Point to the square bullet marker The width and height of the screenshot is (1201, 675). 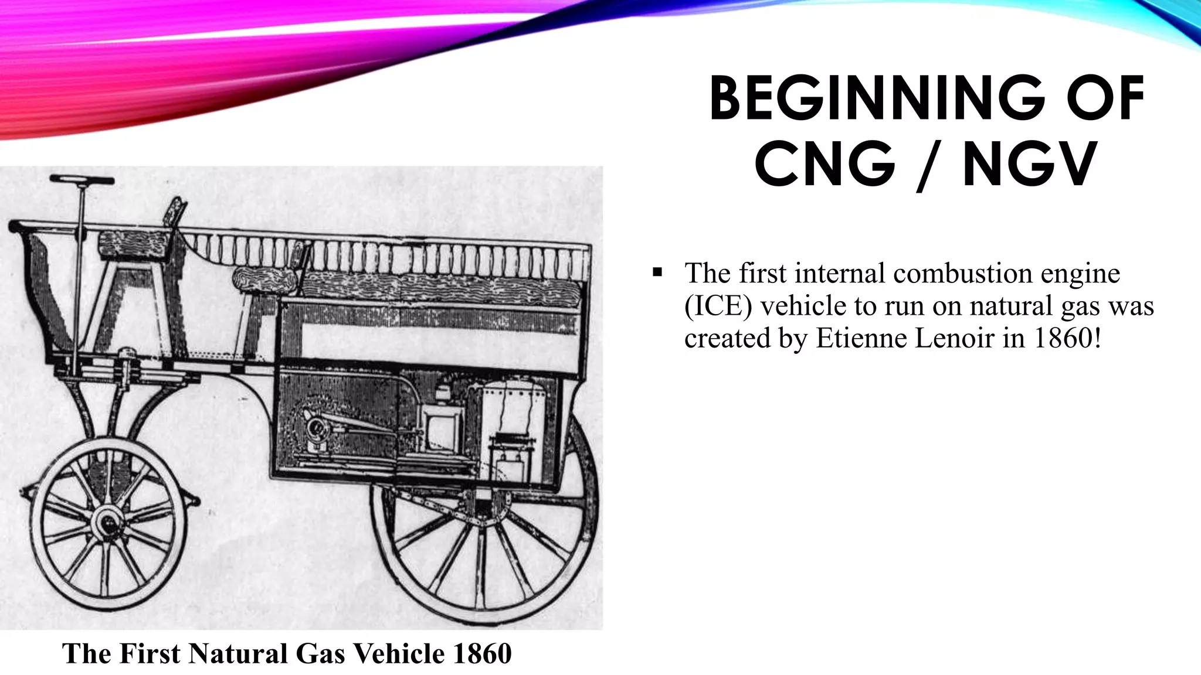tap(657, 272)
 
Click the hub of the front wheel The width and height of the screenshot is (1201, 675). tap(108, 521)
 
